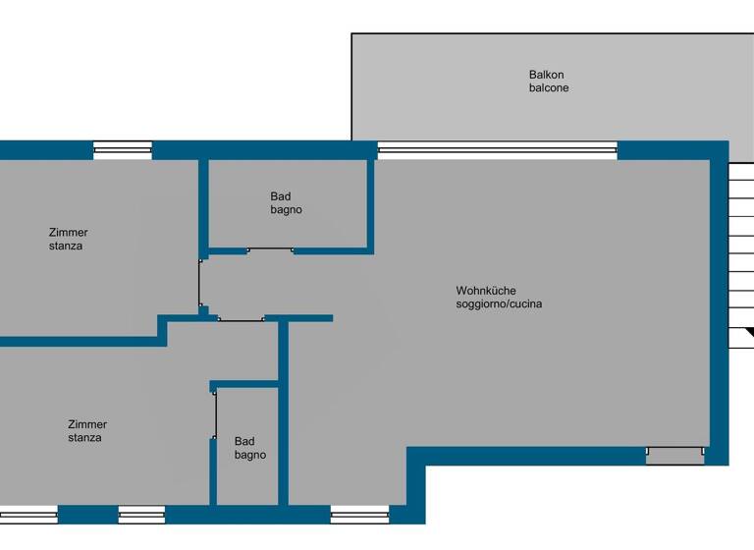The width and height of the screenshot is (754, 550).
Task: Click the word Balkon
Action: click(546, 75)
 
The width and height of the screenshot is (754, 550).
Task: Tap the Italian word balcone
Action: click(548, 88)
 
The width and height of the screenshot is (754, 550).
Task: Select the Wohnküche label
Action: click(485, 291)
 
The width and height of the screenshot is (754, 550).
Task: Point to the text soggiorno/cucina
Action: click(498, 304)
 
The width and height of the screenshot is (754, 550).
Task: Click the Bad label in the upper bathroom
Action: click(281, 196)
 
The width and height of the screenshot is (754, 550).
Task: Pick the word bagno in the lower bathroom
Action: click(249, 455)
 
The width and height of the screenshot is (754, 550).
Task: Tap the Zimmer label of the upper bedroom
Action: click(68, 233)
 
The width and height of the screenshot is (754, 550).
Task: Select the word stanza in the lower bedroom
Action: click(84, 438)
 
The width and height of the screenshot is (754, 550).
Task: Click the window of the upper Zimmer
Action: click(123, 150)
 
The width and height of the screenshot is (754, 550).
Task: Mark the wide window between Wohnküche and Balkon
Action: click(497, 150)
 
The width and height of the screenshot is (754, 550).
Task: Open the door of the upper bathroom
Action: click(270, 250)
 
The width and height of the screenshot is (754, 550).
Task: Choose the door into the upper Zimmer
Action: click(200, 284)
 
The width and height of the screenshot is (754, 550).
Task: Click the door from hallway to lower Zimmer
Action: click(241, 318)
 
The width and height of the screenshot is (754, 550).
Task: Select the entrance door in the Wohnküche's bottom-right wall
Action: click(674, 456)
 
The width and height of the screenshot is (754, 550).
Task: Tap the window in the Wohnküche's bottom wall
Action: click(359, 513)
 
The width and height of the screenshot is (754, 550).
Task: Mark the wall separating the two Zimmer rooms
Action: click(79, 341)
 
